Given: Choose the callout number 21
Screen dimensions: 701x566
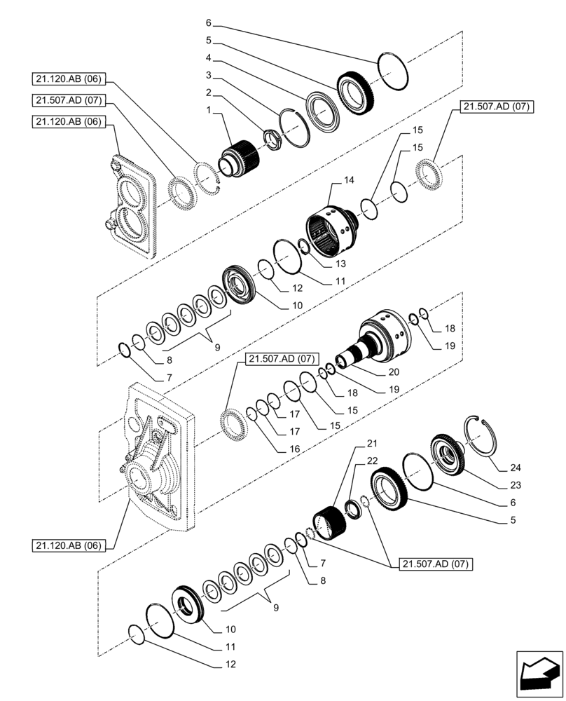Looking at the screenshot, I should click(371, 444).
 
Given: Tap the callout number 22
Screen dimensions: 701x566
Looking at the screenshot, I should click(371, 461).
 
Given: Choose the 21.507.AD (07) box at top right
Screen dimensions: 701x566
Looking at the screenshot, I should click(497, 107).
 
